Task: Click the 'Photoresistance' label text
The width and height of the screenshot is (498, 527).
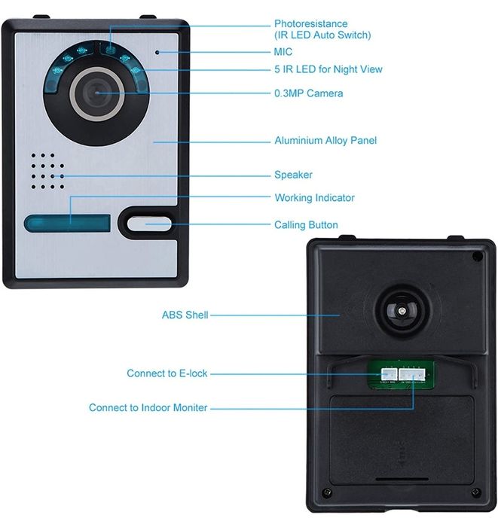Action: pyautogui.click(x=310, y=24)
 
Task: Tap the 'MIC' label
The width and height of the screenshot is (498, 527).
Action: pyautogui.click(x=283, y=52)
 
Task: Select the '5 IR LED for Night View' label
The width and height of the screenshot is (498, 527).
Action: pyautogui.click(x=328, y=69)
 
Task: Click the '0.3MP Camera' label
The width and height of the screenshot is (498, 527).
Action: pyautogui.click(x=308, y=93)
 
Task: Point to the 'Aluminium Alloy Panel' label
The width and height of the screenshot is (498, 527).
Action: pyautogui.click(x=325, y=141)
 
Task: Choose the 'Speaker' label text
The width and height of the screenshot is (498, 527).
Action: pyautogui.click(x=293, y=175)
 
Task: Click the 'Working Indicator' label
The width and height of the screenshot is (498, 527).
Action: pyautogui.click(x=314, y=198)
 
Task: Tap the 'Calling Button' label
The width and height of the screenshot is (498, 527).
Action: pyautogui.click(x=306, y=225)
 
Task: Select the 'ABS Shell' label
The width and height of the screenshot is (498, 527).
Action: pyautogui.click(x=185, y=315)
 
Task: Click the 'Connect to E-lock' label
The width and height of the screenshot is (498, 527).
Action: pyautogui.click(x=167, y=373)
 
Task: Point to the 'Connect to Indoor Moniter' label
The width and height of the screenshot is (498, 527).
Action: pyautogui.click(x=148, y=408)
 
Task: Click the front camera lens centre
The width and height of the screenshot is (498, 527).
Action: pyautogui.click(x=96, y=93)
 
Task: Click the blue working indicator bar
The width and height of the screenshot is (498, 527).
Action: pyautogui.click(x=66, y=223)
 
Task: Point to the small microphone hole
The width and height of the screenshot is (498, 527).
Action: pyautogui.click(x=157, y=53)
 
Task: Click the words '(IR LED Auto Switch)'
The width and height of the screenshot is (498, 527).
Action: pyautogui.click(x=322, y=35)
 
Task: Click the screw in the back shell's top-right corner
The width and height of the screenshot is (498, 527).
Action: pyautogui.click(x=477, y=256)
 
